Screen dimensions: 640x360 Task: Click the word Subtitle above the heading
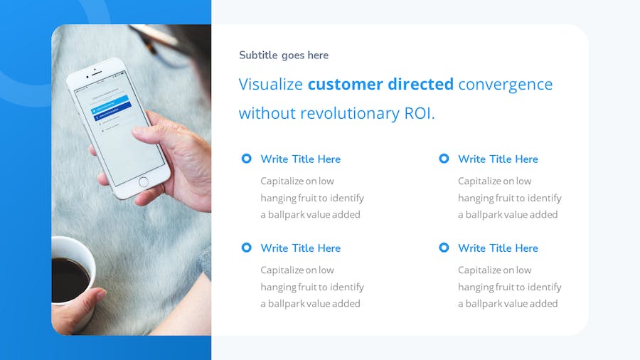coord(258,55)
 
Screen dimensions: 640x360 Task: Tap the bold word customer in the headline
coord(345,84)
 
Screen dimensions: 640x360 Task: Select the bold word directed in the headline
coord(420,84)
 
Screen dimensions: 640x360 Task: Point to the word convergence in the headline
coord(506,85)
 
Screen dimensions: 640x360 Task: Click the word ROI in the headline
coord(418,113)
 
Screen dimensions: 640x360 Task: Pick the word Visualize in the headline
coord(271,84)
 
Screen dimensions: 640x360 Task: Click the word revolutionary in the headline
coord(350,113)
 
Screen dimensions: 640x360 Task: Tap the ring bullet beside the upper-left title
coord(247,159)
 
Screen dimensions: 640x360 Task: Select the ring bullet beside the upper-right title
coord(444,159)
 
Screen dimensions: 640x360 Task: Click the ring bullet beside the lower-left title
coord(247,248)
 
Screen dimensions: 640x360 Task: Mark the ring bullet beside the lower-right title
coord(444,248)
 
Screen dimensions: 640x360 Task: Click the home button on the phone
coord(143,182)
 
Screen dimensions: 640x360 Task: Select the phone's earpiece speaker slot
coord(97,73)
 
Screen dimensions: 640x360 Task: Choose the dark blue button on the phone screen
coord(112,112)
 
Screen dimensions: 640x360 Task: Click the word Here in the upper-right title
coord(526,159)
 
